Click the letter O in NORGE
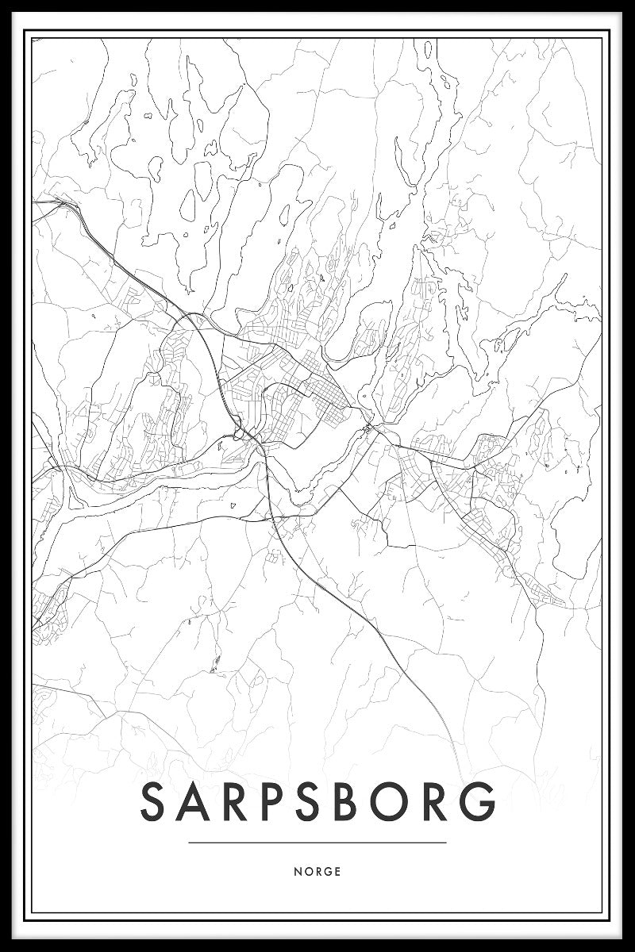pyautogui.click(x=307, y=871)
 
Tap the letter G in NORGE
pyautogui.click(x=327, y=871)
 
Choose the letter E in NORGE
pyautogui.click(x=337, y=871)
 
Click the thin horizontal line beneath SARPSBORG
pyautogui.click(x=317, y=843)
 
